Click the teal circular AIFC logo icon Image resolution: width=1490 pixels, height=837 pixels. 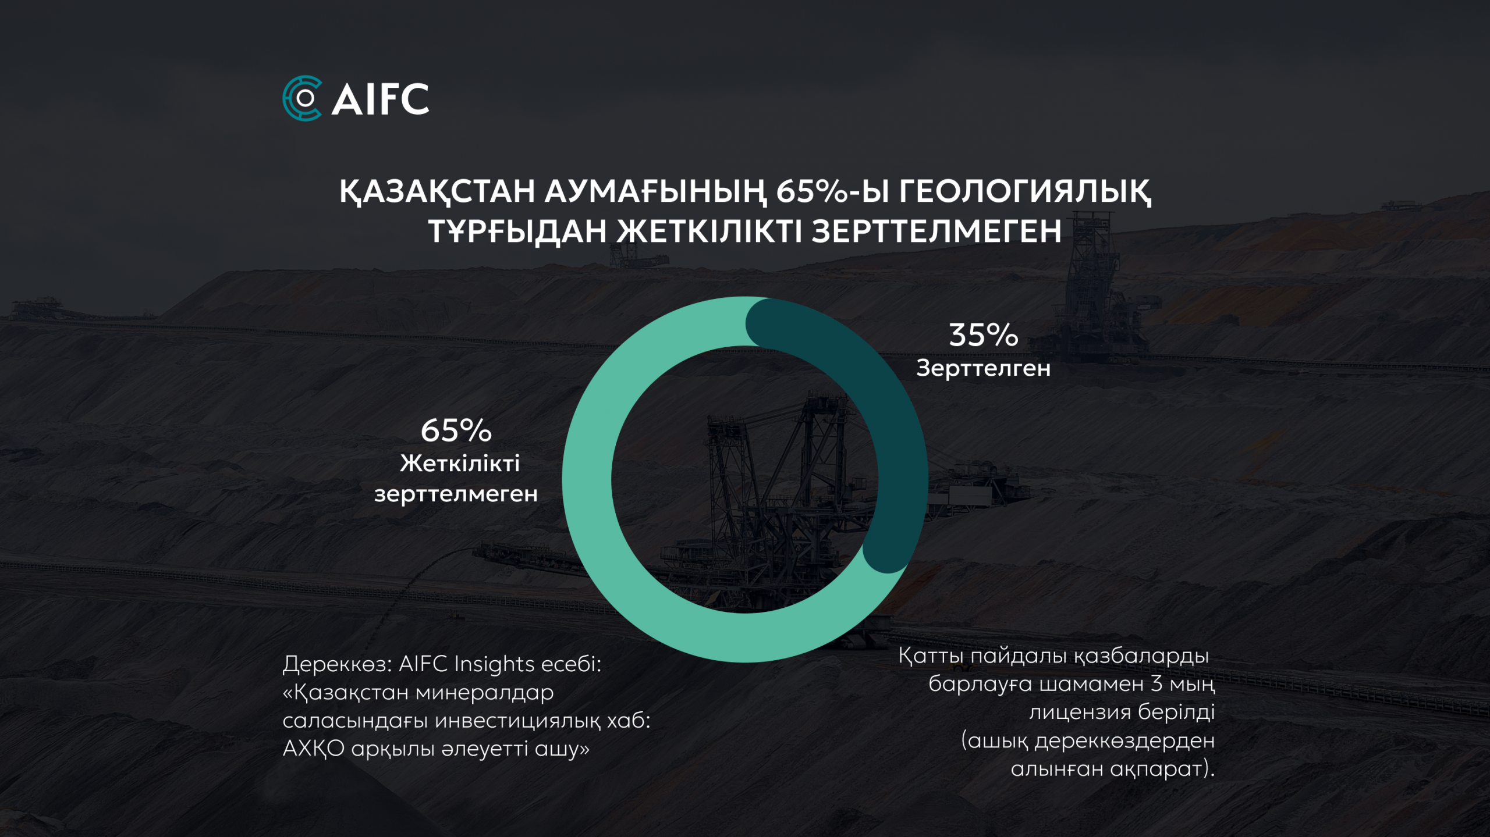click(x=302, y=98)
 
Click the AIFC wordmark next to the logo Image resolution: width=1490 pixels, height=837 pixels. click(x=380, y=99)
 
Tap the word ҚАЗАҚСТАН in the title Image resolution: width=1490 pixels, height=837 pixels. click(x=437, y=192)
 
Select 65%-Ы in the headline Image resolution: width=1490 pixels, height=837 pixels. click(x=833, y=191)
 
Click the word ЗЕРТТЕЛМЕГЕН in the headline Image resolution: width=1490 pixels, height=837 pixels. click(x=936, y=231)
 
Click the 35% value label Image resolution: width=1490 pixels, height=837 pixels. click(x=984, y=335)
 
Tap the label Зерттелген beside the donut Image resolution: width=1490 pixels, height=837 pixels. click(x=984, y=368)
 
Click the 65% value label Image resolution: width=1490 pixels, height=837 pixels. click(x=456, y=430)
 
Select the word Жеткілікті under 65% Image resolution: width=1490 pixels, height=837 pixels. click(x=460, y=464)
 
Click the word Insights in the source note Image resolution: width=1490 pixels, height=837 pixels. click(x=494, y=664)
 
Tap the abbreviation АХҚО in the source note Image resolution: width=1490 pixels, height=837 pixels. click(x=314, y=749)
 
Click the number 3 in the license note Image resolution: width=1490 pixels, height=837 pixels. click(x=1156, y=684)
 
